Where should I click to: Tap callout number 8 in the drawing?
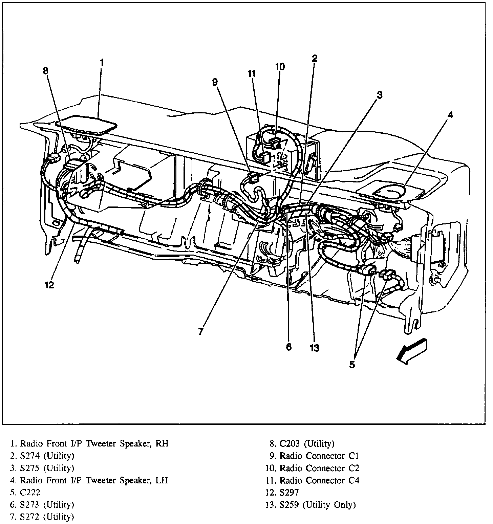tap(46, 71)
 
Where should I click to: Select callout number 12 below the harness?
tap(49, 285)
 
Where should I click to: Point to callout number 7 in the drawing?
tap(201, 332)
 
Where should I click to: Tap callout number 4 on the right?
tap(450, 115)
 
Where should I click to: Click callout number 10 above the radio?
tap(280, 67)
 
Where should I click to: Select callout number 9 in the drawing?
tap(216, 82)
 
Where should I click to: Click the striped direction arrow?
tap(412, 351)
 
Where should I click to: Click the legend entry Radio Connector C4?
tap(319, 480)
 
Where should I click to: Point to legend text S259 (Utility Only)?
tap(318, 505)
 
